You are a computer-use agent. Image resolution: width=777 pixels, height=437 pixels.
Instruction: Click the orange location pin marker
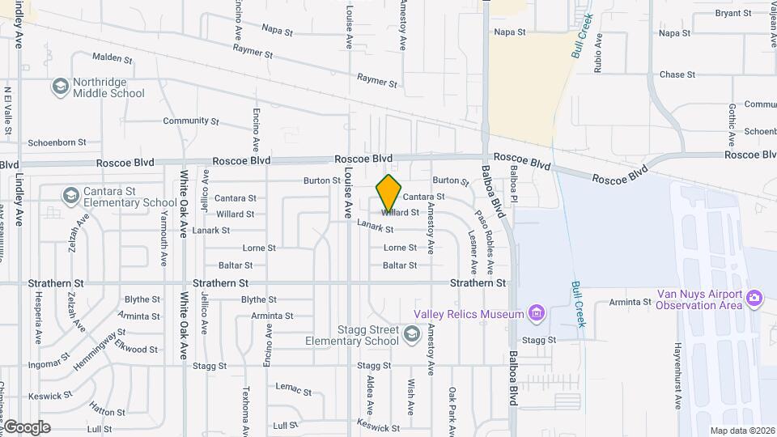(x=388, y=194)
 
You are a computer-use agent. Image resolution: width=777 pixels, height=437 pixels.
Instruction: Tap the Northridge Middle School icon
(x=61, y=87)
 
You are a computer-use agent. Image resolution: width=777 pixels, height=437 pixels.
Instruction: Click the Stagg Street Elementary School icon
(x=412, y=334)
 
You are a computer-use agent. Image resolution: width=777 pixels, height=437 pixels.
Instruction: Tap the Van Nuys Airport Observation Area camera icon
(x=754, y=299)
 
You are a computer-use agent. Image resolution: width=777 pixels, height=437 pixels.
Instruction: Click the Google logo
(x=27, y=426)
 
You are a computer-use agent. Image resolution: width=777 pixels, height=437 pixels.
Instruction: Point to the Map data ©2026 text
(x=741, y=431)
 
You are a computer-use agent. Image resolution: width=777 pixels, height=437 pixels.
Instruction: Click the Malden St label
(x=112, y=58)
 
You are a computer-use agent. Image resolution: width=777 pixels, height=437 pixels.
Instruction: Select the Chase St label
(x=677, y=74)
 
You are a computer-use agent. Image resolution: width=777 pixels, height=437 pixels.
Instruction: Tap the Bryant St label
(x=733, y=13)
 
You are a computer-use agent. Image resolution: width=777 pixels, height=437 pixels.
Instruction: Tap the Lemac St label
(x=293, y=390)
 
